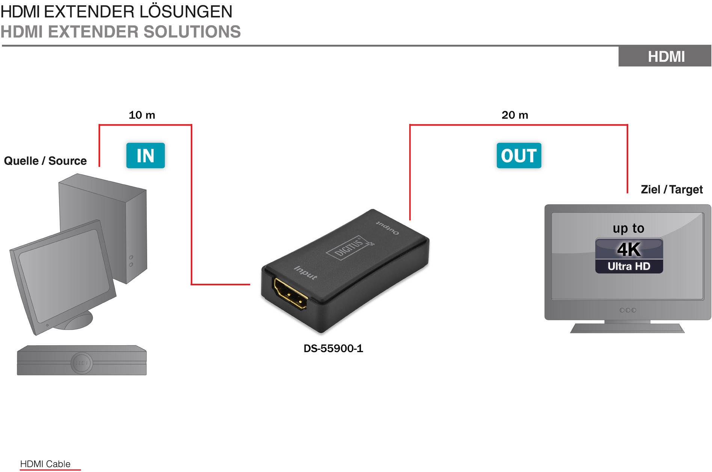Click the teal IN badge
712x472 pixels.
(145, 156)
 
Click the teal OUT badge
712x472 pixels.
(519, 156)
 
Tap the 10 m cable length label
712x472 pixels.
(142, 115)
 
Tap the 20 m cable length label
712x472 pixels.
(514, 115)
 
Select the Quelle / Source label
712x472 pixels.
(45, 161)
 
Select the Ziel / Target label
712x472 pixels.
(671, 189)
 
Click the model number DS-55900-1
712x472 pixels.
(333, 349)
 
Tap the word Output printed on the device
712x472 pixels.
(388, 227)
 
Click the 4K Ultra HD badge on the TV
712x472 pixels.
(629, 256)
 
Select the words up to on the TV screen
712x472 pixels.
(628, 228)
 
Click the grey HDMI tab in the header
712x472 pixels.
(666, 57)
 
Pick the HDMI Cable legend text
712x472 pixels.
(45, 464)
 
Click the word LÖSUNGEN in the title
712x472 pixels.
(186, 12)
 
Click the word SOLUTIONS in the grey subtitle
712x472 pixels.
(192, 32)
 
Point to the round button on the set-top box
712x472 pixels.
(81, 363)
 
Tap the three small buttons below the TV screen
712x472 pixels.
(628, 310)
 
